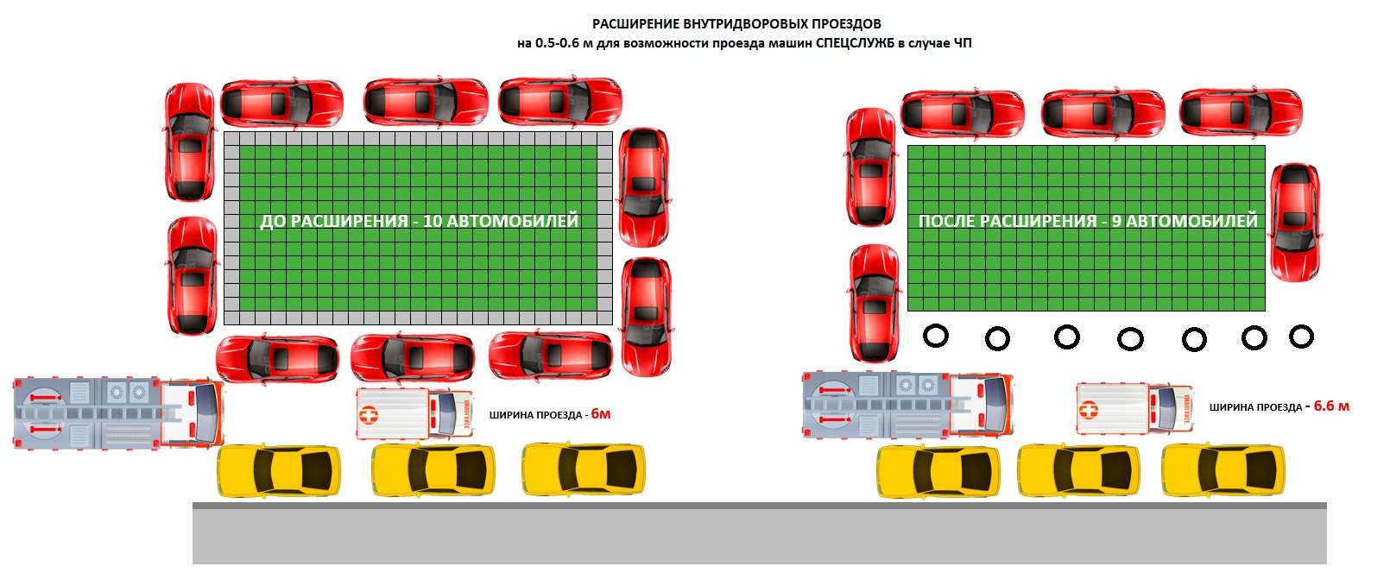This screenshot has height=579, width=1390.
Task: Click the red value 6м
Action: coord(601,414)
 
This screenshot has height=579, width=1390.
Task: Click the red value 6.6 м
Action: coord(1331,406)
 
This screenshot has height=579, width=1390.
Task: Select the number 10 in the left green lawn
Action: coord(433,221)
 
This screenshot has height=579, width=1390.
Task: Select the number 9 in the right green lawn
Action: coord(1116,221)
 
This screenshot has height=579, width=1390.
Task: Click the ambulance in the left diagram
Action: coord(414,413)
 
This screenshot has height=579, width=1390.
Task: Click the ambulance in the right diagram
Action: coord(1134,407)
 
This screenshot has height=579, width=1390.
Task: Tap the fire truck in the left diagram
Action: coord(117,412)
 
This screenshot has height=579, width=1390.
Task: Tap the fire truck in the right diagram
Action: coord(907,405)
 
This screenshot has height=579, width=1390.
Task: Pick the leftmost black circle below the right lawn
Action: coord(936,336)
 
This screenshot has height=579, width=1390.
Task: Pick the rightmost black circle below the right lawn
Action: coord(1301,337)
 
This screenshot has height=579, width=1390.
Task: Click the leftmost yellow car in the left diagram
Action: coord(278,470)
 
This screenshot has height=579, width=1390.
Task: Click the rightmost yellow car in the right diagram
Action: coord(1223,471)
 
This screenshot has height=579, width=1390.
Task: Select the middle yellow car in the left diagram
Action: coord(433,470)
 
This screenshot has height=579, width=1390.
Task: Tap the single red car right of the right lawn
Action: coord(1295,222)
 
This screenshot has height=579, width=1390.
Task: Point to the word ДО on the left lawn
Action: coord(272,221)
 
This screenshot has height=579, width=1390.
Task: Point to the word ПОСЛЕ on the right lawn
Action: coord(946,221)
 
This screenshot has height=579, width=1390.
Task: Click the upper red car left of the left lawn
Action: coord(189,142)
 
